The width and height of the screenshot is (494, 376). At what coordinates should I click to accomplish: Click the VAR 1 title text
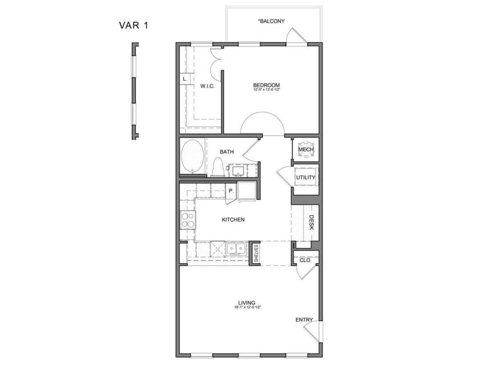pos(133,25)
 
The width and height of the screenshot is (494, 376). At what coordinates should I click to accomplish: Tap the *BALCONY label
pos(271,21)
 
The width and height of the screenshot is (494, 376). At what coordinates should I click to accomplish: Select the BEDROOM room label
pos(266,85)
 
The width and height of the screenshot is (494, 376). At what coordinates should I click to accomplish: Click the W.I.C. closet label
pos(207,86)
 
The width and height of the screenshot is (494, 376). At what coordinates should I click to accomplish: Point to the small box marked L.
pos(185,79)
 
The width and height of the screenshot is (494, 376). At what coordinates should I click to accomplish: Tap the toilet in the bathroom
pos(218,168)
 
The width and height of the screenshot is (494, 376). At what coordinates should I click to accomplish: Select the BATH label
pos(226,152)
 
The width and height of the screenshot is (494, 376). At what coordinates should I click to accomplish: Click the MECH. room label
pos(306,150)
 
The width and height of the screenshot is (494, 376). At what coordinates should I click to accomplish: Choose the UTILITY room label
pos(306,177)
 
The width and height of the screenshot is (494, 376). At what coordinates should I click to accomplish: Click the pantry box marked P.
pos(231,190)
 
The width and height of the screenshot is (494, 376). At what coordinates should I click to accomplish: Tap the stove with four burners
pos(187,220)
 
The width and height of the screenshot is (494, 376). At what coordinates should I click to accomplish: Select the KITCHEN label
pos(233,220)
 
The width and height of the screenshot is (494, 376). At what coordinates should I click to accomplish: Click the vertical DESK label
pos(312,222)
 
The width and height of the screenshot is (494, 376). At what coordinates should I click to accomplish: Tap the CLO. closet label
pos(305,260)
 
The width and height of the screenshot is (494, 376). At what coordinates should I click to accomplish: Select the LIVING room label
pos(247,303)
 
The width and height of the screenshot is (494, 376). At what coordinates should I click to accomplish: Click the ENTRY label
pos(304,320)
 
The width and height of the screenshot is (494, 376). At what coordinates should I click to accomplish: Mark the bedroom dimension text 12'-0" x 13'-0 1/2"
pos(266,90)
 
